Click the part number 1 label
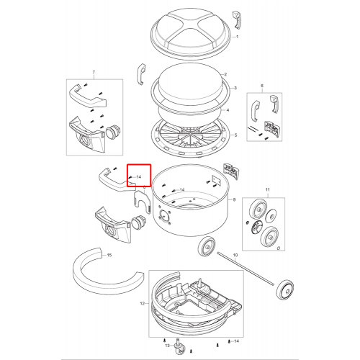tap(238, 37)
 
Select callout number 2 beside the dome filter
tap(225, 74)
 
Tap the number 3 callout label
tap(235, 88)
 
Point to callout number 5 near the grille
tap(235, 135)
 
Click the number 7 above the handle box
tap(94, 72)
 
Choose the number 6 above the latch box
tap(262, 86)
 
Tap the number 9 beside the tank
tap(234, 199)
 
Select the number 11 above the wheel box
tap(268, 189)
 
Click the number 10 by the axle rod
tap(235, 255)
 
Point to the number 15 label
tap(109, 255)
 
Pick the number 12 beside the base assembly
tap(143, 304)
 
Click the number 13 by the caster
tap(168, 346)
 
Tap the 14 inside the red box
tap(139, 177)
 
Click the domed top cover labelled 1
tap(192, 34)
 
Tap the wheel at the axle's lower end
tap(285, 289)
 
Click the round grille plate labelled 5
tap(191, 137)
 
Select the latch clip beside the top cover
tap(236, 20)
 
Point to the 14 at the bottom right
tap(236, 341)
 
